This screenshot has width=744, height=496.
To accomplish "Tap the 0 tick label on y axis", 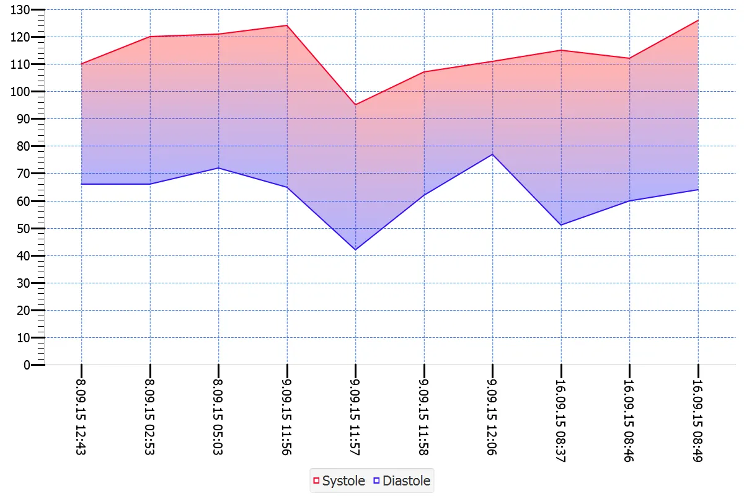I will tap(27, 365).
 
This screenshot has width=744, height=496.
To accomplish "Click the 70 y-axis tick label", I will tap(24, 174).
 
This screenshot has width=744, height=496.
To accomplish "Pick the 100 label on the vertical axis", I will tap(20, 92).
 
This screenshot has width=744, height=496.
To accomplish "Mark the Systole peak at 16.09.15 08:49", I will tap(698, 20).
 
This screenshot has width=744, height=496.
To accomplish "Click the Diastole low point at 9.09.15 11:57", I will tap(355, 250).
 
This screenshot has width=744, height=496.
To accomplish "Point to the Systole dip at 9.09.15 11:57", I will tap(355, 105).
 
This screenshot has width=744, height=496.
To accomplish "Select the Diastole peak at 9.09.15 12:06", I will tap(492, 154).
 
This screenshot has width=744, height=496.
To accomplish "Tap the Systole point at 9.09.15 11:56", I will tap(287, 25).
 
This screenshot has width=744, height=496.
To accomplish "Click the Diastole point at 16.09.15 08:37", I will tap(561, 225).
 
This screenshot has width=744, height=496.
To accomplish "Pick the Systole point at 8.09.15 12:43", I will tap(81, 64).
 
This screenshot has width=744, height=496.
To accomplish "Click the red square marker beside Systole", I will tap(316, 480).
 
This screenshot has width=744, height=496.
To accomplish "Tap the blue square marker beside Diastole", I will tap(376, 480).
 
